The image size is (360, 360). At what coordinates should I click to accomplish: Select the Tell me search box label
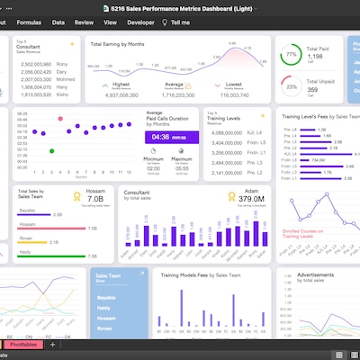click(179, 20)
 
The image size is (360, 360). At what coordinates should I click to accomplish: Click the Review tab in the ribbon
click(84, 20)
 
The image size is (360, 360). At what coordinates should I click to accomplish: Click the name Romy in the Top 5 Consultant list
click(62, 65)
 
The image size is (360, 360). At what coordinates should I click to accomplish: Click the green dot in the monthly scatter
click(52, 150)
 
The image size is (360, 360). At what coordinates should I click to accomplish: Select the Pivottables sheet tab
click(24, 345)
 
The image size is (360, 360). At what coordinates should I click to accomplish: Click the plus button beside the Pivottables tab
click(53, 345)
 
